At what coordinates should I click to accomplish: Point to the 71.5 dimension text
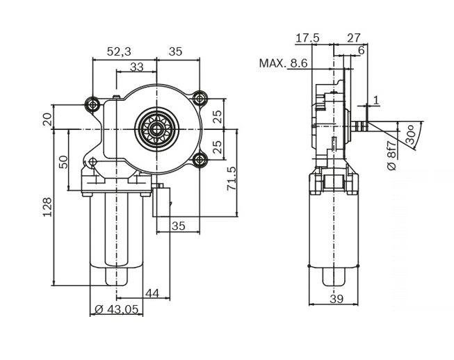(232, 179)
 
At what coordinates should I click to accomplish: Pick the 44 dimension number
(152, 293)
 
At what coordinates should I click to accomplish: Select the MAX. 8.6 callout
(283, 63)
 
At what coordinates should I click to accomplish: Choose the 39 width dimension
(336, 299)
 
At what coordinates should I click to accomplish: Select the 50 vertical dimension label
(63, 162)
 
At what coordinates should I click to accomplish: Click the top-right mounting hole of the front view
(200, 97)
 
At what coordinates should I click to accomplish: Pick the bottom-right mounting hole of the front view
(200, 161)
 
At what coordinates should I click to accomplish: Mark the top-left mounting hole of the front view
(92, 104)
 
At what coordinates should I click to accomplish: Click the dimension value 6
(361, 51)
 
